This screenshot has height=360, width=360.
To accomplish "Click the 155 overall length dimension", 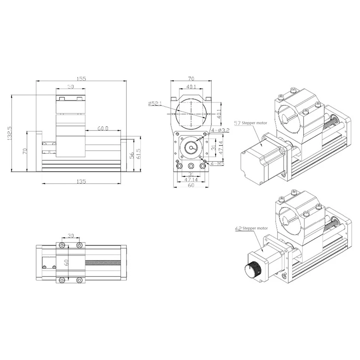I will [x=81, y=79].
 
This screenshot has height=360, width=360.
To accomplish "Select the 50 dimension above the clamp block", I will [x=70, y=87].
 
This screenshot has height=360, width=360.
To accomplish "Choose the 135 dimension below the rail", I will [x=81, y=181].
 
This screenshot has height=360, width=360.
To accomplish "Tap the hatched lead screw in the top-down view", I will [x=103, y=262].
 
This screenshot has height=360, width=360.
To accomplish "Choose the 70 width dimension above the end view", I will [x=191, y=79].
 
